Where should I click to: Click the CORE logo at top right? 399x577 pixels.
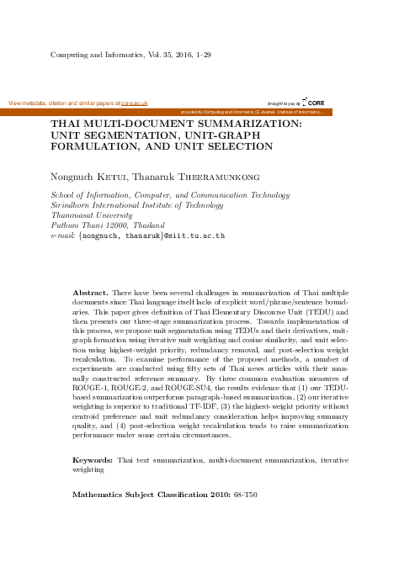[x=312, y=101]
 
